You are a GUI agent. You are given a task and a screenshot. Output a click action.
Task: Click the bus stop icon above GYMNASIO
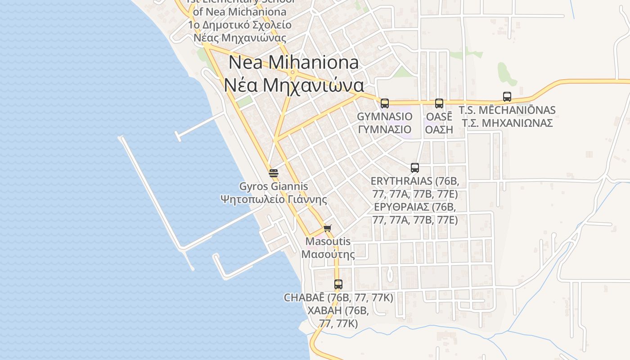click(384, 103)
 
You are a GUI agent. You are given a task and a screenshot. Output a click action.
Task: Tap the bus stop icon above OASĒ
click(439, 103)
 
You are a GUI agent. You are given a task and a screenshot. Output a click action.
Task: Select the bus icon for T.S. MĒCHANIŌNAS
click(507, 97)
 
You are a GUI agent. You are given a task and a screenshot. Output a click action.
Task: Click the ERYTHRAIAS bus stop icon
click(415, 168)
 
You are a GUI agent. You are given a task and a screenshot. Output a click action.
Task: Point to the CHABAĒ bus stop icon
click(338, 284)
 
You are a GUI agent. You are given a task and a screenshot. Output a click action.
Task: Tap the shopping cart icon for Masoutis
click(328, 228)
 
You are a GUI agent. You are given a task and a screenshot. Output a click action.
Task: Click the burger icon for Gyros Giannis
click(274, 173)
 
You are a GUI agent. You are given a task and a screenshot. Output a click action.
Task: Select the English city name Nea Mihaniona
click(293, 63)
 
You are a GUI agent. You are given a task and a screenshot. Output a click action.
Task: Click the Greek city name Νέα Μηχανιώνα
click(293, 85)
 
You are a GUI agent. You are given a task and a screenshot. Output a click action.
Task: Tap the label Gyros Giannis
click(274, 186)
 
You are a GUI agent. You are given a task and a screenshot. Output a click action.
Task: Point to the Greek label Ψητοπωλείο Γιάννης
click(274, 199)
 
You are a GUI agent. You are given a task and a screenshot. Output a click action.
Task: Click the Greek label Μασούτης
click(328, 254)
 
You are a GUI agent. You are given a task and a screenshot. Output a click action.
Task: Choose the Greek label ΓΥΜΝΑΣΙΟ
click(384, 130)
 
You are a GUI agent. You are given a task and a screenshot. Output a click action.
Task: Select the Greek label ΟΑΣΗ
click(439, 130)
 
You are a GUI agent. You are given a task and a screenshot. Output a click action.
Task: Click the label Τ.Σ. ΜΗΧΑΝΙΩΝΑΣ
click(507, 123)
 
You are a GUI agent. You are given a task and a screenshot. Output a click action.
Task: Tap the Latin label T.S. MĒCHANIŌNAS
click(507, 110)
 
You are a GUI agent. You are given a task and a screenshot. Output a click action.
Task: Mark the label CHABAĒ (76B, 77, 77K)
click(338, 297)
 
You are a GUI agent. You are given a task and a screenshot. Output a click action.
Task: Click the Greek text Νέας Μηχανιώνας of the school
click(240, 38)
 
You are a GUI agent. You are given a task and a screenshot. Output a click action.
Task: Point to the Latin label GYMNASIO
click(384, 117)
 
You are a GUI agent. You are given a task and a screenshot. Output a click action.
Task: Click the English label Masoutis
click(328, 241)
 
